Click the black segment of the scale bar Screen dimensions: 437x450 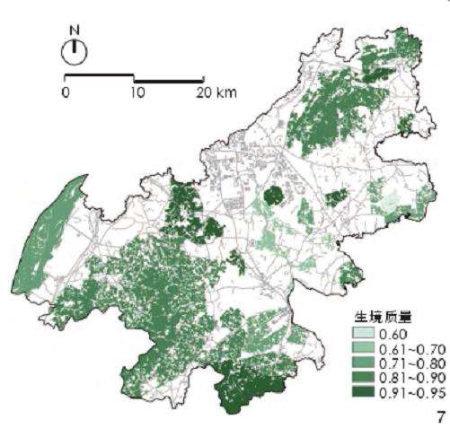click(169, 80)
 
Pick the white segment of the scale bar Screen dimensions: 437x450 click(100, 78)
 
